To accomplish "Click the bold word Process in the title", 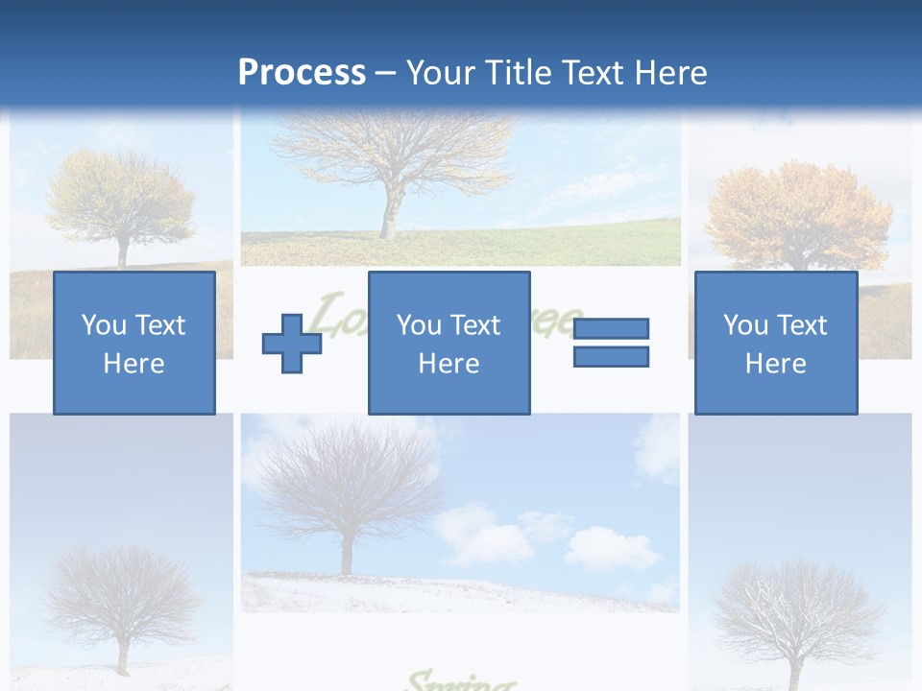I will point(302,73).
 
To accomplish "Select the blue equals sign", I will point(611,343).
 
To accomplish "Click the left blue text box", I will point(134,343).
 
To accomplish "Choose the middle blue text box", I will point(449,343).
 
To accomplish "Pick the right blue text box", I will point(775,343).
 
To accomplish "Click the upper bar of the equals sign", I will point(611,328).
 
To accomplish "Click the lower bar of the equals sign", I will point(611,357).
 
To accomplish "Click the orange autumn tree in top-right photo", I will point(797,216).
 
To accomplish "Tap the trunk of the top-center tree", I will point(390,211).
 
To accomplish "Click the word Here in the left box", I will point(134,364).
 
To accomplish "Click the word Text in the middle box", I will point(475,325).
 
